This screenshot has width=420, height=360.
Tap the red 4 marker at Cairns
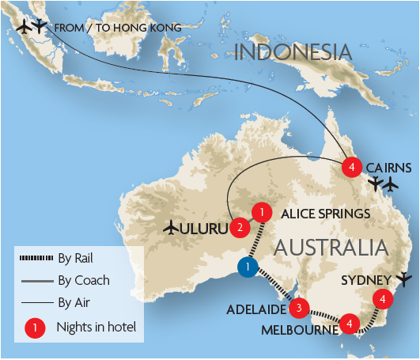coord(352,167)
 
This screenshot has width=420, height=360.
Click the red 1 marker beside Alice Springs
coord(261,212)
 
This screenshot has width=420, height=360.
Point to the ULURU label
coord(205,229)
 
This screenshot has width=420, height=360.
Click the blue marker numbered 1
coord(248,267)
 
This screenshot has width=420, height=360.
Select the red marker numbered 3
coord(299,307)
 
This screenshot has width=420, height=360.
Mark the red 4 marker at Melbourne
coord(350,323)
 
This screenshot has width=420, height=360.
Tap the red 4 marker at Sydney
coord(384,299)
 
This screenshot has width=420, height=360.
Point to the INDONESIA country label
coord(292,53)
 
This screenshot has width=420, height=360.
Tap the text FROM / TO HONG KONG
coord(118,28)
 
